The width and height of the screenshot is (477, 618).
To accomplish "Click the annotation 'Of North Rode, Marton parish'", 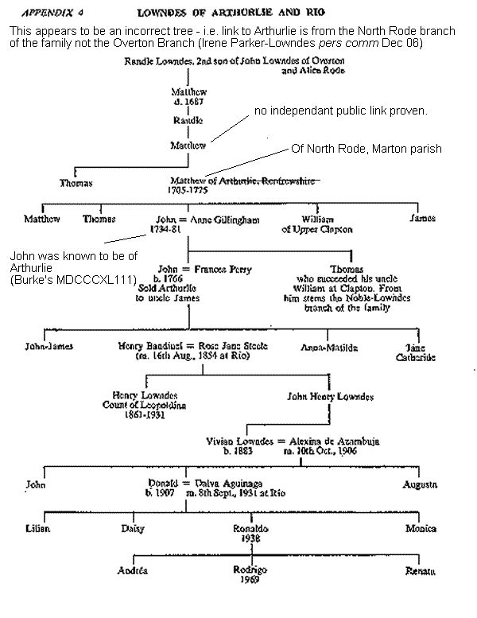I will [x=366, y=149].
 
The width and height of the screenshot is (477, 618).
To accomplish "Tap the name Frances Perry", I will [x=223, y=270].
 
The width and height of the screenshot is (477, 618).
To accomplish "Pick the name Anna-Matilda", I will [x=329, y=348].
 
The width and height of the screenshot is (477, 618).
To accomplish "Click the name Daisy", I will [x=132, y=528].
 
